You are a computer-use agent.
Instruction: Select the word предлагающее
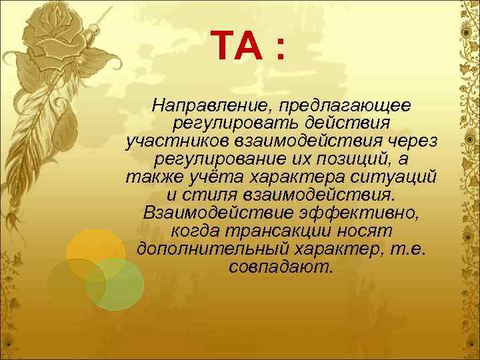click(x=345, y=105)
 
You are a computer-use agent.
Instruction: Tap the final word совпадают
click(x=280, y=267)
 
